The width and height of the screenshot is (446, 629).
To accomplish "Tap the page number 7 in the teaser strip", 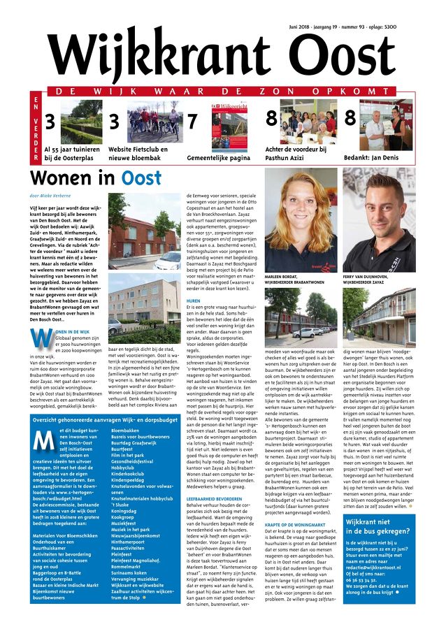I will point(192,121).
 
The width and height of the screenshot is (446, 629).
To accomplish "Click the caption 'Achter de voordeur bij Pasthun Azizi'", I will point(296,153).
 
